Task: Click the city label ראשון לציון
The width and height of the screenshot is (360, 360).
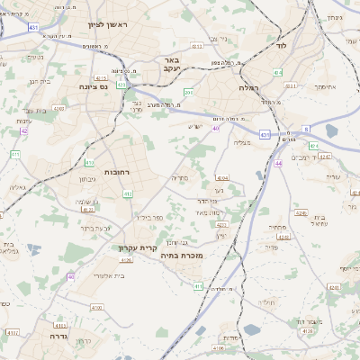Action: click(107, 26)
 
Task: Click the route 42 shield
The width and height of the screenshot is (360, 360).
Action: click(24, 131)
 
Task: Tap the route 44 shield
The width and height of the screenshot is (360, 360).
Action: click(279, 164)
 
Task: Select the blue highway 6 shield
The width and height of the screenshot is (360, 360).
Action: click(306, 129)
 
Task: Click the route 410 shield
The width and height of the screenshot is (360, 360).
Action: click(89, 162)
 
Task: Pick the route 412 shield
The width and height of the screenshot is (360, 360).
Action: click(128, 193)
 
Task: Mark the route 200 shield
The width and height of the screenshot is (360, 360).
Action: click(188, 92)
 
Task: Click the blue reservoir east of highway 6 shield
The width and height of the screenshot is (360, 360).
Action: click(332, 131)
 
